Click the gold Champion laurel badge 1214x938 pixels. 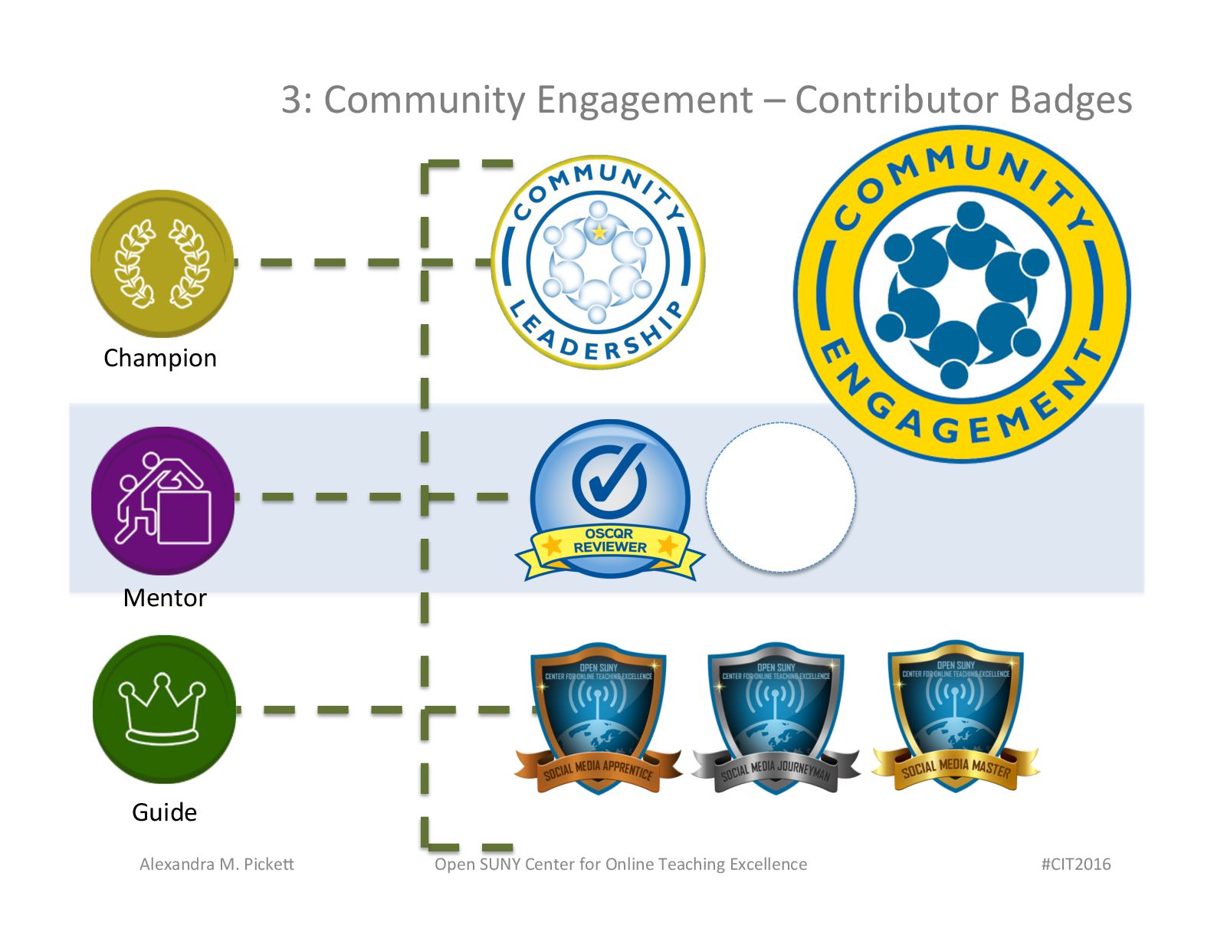pos(162,263)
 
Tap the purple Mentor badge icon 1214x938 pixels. pos(162,500)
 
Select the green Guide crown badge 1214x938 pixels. pos(164,709)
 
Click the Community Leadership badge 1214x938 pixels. pos(598,262)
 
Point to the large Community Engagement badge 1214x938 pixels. pos(961,294)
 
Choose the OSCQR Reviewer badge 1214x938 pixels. pos(610,500)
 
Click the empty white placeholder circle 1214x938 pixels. pos(780,497)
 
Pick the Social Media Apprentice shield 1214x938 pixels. pos(598,717)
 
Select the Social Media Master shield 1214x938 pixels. pos(955,717)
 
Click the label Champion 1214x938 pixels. pos(160,358)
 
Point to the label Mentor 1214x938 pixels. pos(165,598)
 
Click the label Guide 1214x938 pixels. pos(164,812)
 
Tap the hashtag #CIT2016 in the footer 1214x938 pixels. pos(1075,864)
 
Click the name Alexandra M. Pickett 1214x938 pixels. pos(217,864)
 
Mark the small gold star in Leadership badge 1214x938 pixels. pos(599,231)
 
